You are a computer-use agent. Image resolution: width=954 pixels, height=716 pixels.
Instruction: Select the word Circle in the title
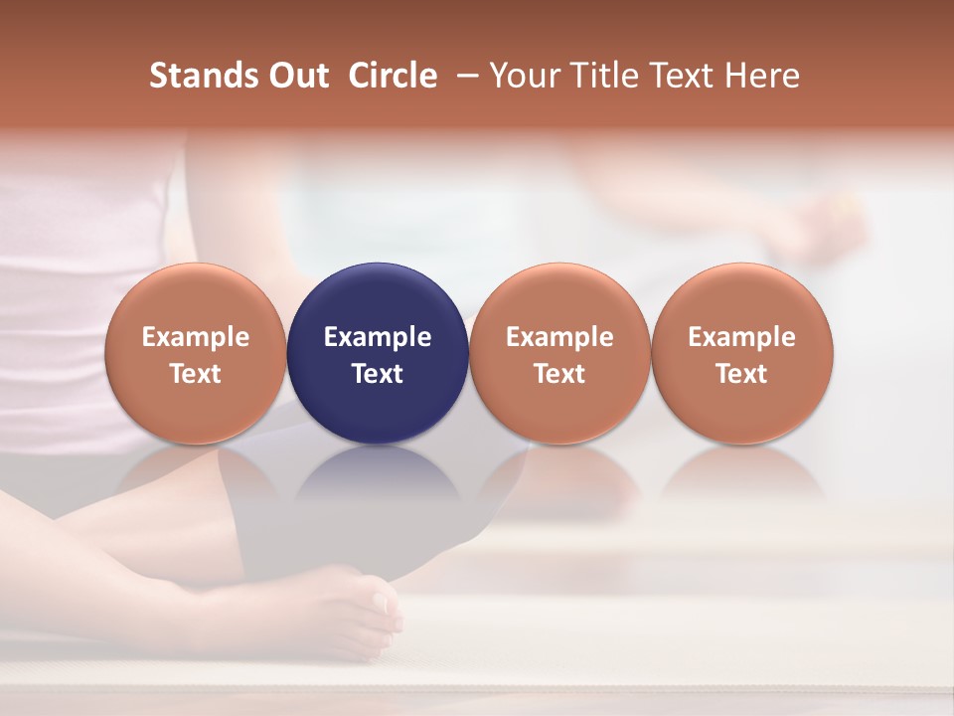393,76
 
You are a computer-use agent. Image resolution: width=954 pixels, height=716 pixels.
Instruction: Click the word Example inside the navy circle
378,337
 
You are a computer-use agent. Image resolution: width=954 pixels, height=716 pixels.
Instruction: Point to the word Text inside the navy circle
378,374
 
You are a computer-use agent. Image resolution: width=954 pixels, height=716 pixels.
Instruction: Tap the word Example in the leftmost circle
196,337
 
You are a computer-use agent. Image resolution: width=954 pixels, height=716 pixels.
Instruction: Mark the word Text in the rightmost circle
742,374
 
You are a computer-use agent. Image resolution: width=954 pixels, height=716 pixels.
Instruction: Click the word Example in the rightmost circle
742,337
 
